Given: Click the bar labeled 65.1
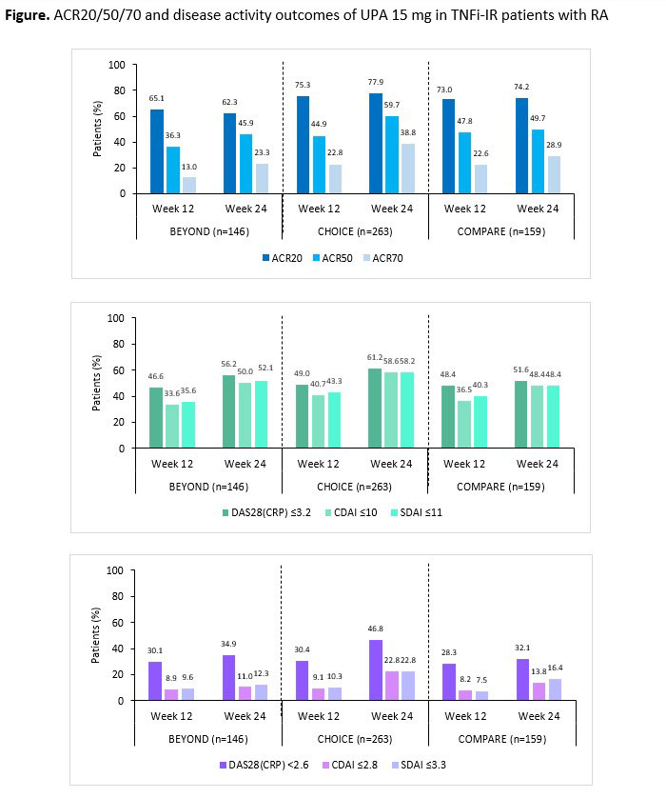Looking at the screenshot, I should [x=157, y=151].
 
